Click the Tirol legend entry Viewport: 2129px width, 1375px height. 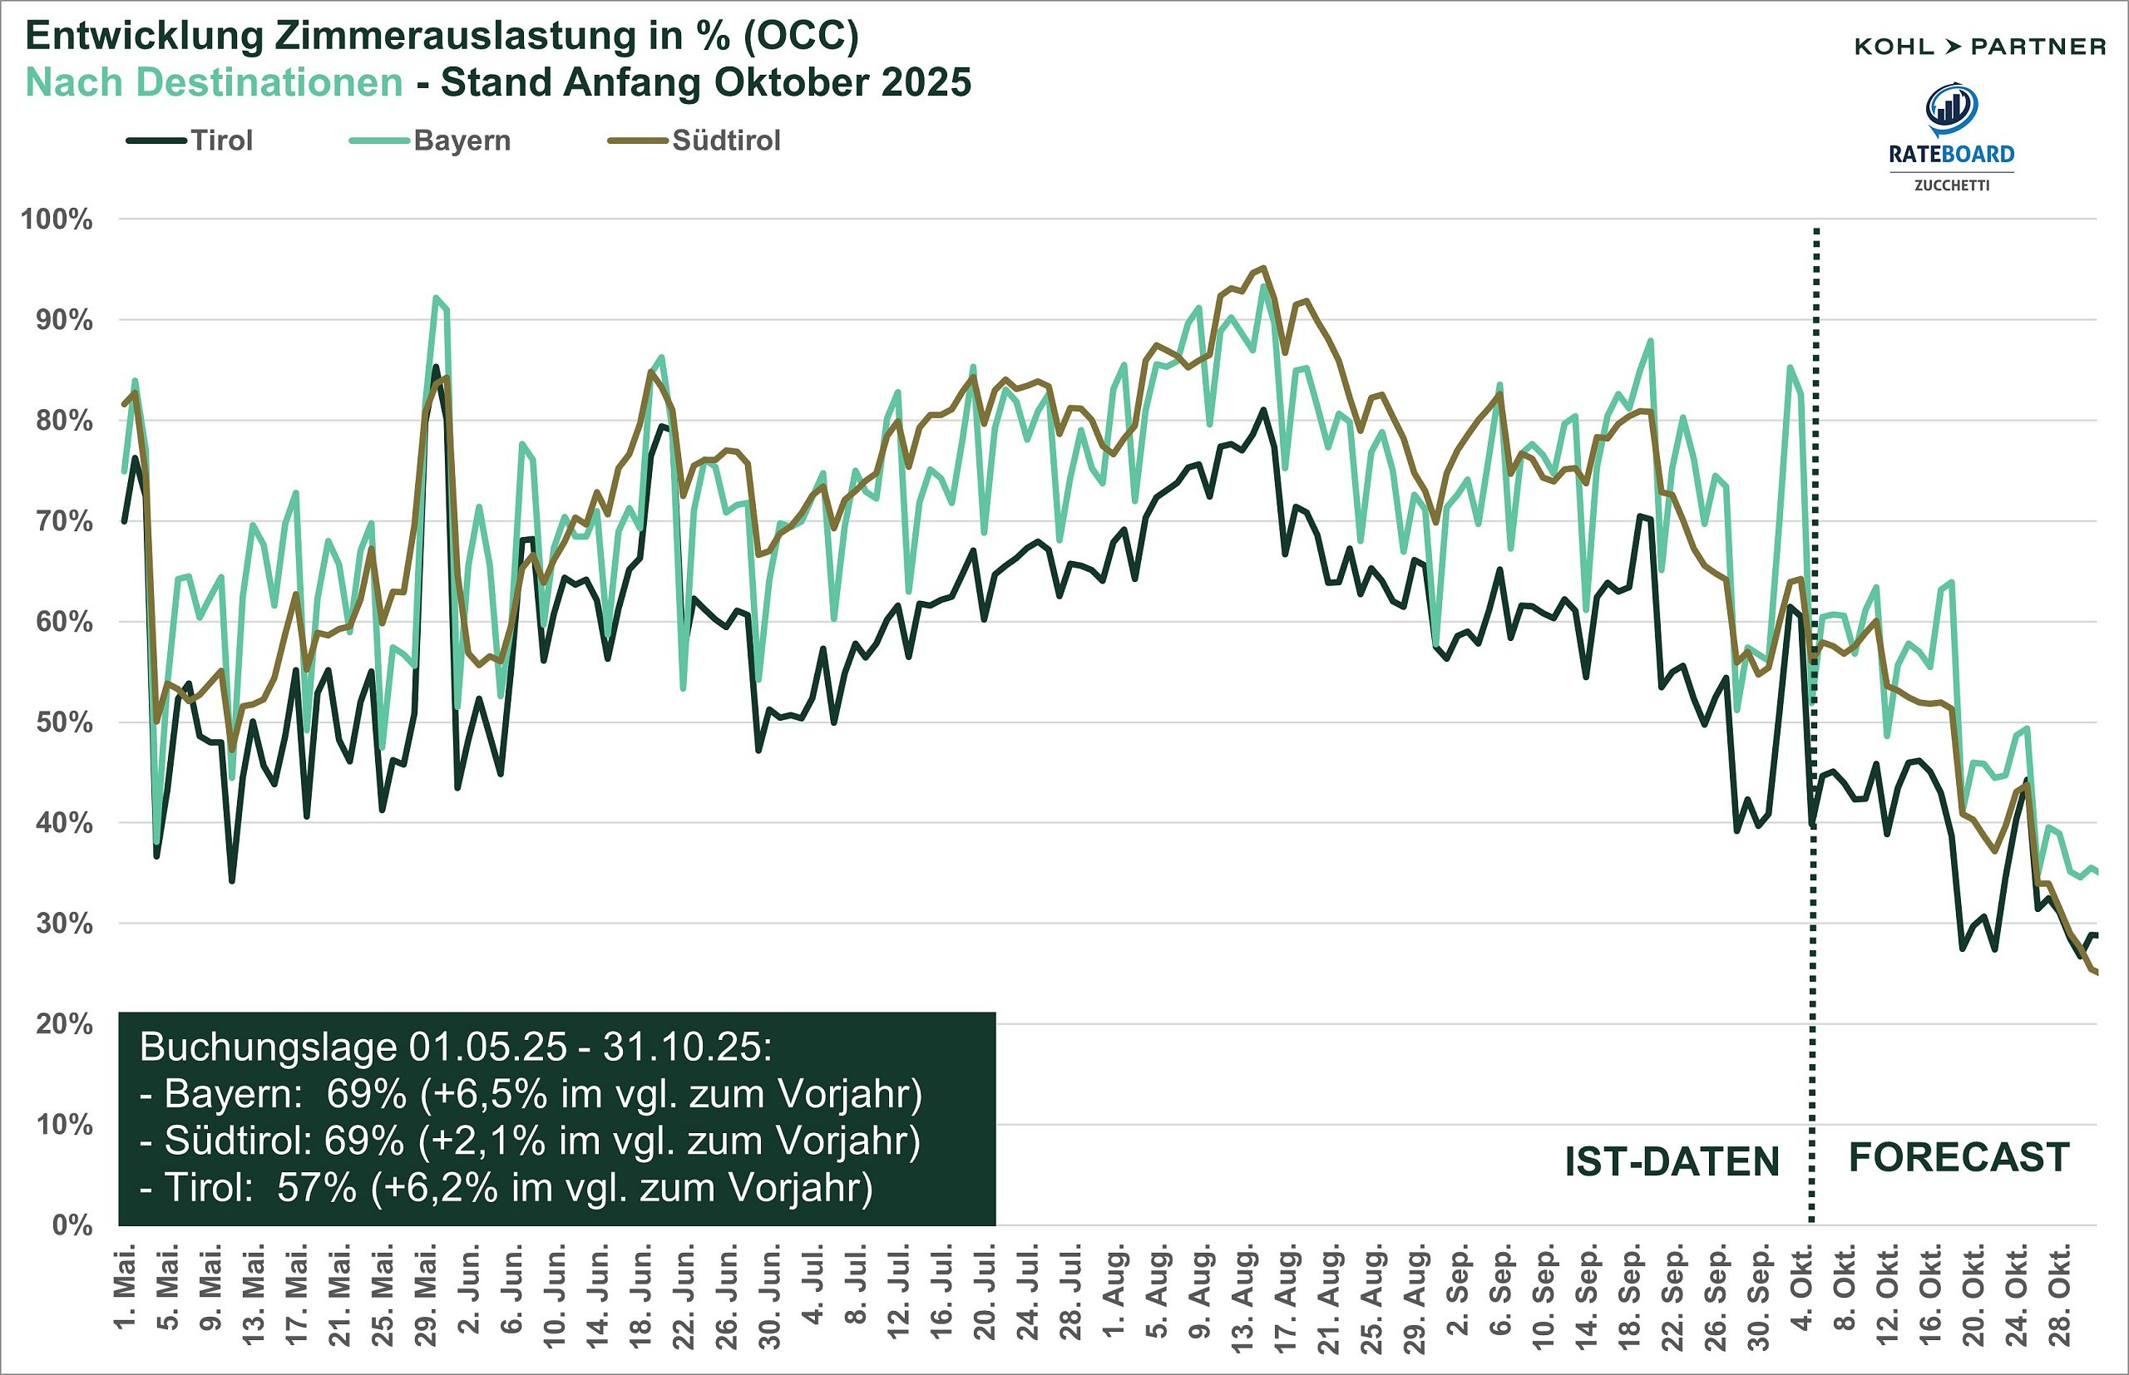pos(220,140)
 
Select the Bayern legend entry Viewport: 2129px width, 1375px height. pos(461,140)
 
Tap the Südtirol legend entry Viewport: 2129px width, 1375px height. pos(725,140)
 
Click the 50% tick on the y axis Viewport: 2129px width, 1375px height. pos(63,722)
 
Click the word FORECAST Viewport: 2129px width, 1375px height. pos(1959,1157)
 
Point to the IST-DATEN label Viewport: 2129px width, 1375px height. pos(1672,1161)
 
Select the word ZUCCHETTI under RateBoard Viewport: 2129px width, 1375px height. pos(1951,185)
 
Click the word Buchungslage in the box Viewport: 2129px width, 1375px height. pos(267,1047)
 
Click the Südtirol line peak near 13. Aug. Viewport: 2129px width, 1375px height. pos(1262,268)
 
